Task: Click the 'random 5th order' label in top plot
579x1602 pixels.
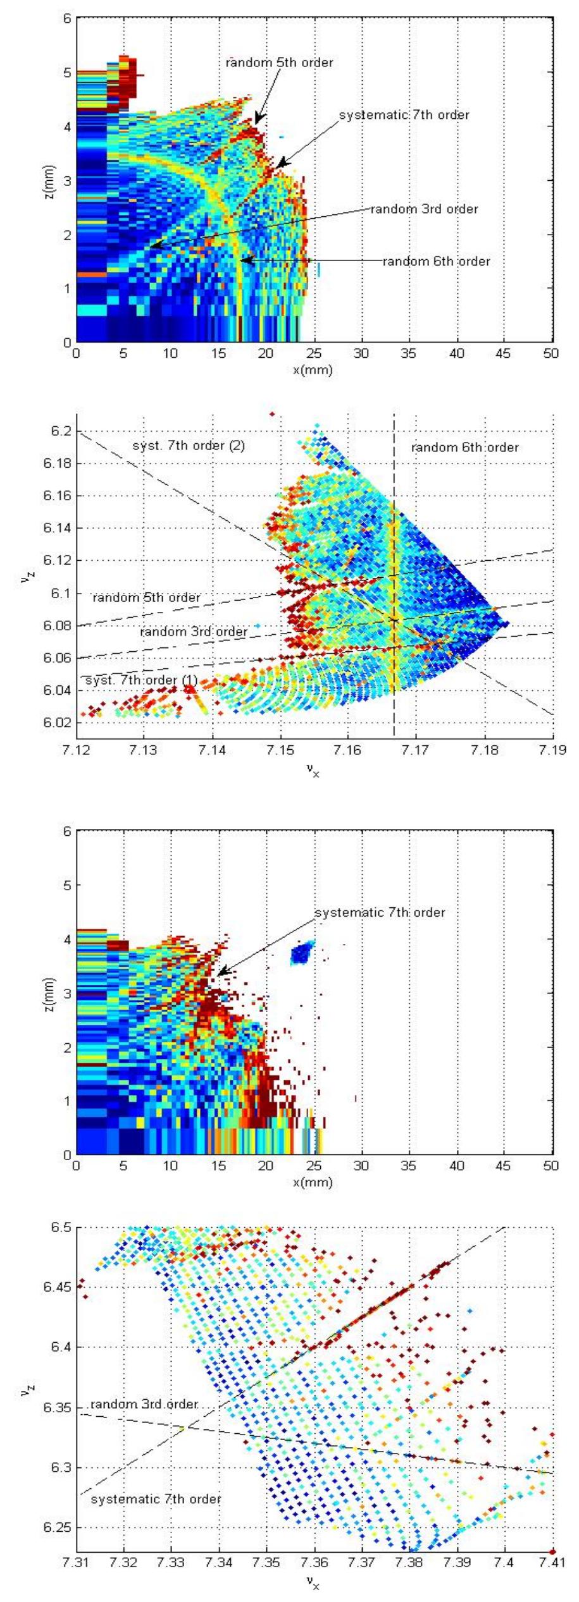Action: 279,63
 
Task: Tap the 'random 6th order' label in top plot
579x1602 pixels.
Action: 436,261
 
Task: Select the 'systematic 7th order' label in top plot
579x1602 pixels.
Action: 404,115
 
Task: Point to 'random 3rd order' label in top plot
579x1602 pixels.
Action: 424,209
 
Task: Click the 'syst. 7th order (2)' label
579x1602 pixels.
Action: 189,446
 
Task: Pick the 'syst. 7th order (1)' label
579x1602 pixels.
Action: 141,680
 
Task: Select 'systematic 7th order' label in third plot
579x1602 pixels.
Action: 380,913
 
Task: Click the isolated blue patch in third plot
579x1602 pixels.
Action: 302,952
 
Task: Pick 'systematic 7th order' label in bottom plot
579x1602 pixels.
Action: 156,1499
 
